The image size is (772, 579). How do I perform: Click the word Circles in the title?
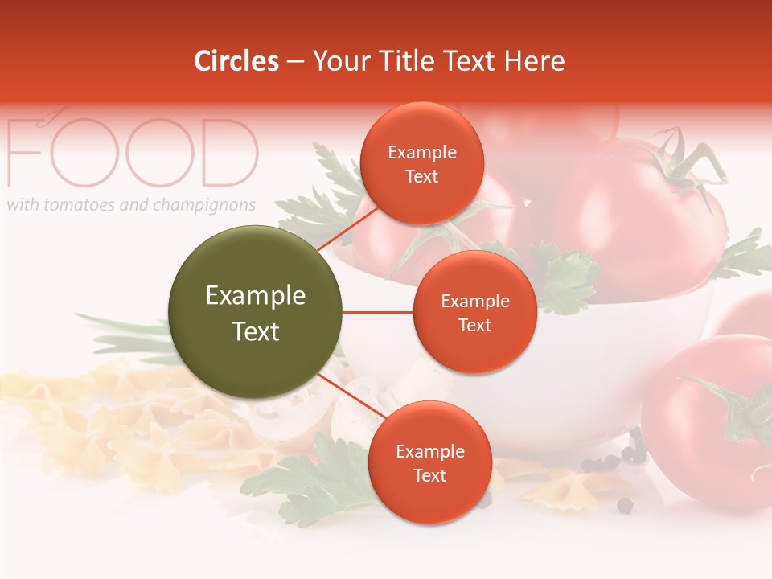[236, 61]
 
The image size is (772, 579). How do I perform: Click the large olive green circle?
[255, 312]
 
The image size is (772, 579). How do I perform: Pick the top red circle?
[421, 163]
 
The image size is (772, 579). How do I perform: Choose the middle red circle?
[474, 312]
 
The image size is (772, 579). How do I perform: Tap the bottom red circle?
[429, 462]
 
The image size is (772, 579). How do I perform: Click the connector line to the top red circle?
[347, 228]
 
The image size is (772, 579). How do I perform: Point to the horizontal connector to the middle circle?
[378, 312]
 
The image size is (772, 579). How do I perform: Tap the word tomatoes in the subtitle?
[78, 205]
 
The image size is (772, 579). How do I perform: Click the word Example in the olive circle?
[255, 296]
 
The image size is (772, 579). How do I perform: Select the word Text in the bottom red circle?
[429, 475]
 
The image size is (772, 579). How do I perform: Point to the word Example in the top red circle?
[421, 152]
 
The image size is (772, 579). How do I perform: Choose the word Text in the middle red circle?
[474, 325]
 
